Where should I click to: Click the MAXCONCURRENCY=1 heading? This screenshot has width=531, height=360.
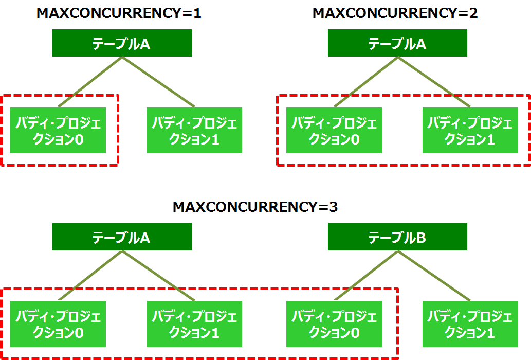tap(119, 13)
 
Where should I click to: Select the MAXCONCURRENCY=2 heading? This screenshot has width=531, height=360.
tap(395, 13)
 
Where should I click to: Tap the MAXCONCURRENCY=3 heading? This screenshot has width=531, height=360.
tap(255, 207)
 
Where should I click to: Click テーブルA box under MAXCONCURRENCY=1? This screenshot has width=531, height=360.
tap(122, 43)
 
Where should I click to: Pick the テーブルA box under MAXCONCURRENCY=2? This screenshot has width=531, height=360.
tap(397, 43)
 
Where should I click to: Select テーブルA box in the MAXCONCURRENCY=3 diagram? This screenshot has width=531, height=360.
tap(122, 237)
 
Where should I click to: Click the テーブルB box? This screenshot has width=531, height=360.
tap(397, 237)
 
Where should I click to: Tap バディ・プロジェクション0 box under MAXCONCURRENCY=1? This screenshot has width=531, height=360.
tap(58, 131)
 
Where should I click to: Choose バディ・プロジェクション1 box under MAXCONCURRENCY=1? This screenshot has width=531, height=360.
tap(194, 131)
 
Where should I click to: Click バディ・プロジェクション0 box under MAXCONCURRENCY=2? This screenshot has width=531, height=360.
tap(334, 131)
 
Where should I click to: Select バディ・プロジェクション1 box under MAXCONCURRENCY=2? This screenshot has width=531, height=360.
tap(470, 131)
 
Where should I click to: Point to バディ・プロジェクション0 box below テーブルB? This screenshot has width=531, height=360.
tap(334, 324)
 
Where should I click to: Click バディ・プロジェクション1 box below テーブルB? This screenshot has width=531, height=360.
tap(470, 324)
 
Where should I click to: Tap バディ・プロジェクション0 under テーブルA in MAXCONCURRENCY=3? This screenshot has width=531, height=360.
tap(58, 324)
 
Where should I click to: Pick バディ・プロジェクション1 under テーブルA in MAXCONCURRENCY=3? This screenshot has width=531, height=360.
tap(194, 324)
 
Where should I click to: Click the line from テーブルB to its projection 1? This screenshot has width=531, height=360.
tap(434, 276)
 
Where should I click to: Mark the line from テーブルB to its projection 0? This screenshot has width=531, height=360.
tap(365, 276)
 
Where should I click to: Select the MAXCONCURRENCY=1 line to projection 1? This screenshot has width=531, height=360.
tap(158, 82)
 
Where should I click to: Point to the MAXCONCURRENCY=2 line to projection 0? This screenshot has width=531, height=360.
tap(365, 82)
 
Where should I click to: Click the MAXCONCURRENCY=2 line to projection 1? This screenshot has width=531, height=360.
tap(434, 82)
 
